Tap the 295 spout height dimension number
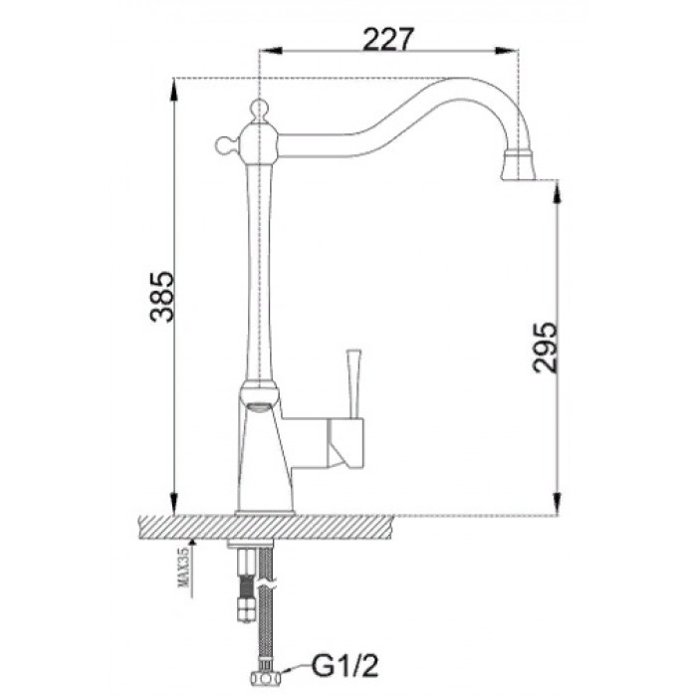[x=544, y=347]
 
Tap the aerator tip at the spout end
[x=521, y=166]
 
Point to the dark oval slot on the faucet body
[x=258, y=403]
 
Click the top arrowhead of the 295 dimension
[x=557, y=190]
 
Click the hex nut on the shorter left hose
[x=243, y=604]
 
